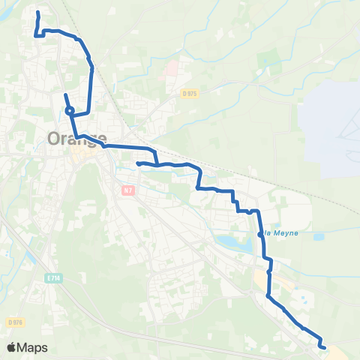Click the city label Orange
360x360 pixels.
point(76,139)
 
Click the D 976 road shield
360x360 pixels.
point(15,321)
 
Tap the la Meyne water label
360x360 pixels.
point(281,232)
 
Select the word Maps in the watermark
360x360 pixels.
point(34,347)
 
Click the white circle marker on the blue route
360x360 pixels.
point(69,111)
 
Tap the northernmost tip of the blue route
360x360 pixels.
point(38,13)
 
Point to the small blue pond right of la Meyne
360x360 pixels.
point(318,237)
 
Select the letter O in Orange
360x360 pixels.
point(55,139)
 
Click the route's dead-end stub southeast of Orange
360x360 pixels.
point(138,163)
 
